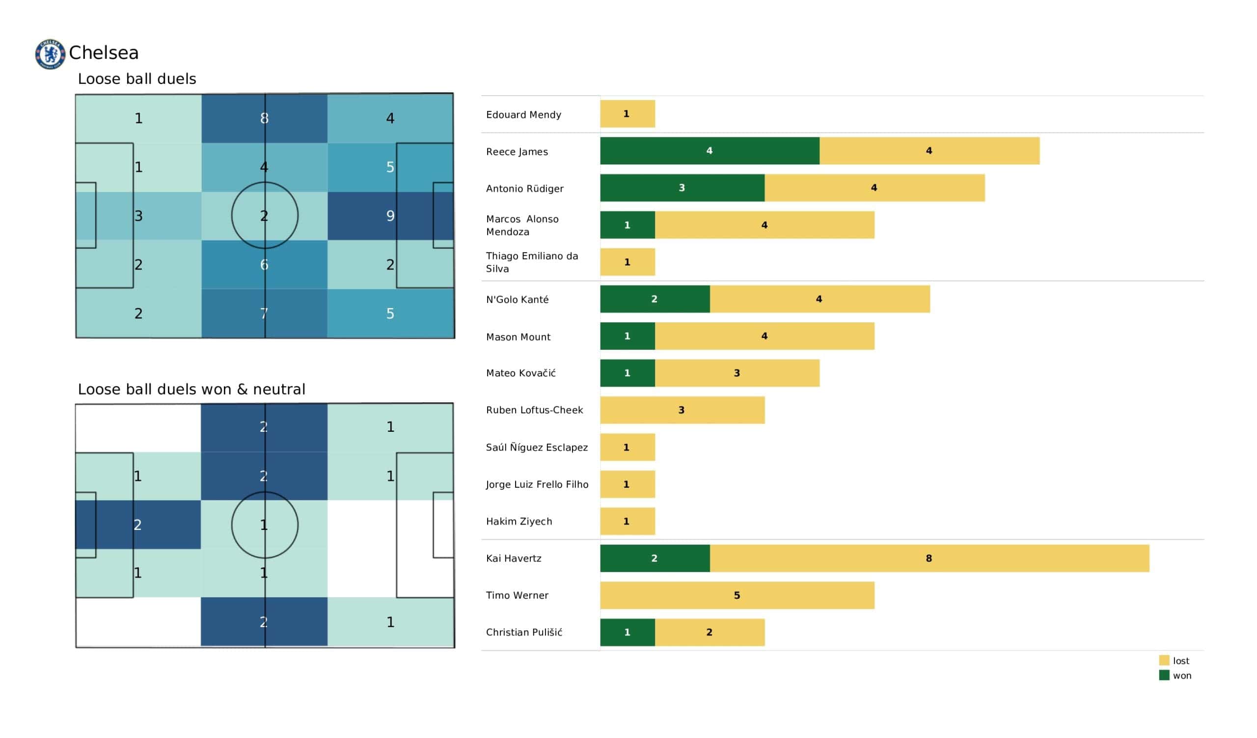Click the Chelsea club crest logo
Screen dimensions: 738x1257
point(50,54)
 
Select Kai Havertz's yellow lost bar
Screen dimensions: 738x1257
point(929,558)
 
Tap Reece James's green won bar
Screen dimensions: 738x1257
point(710,151)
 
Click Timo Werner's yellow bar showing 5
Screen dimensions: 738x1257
point(737,595)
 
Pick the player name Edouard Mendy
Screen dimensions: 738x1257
point(523,115)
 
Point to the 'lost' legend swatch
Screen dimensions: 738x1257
point(1164,660)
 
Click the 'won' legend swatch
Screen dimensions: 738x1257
point(1164,675)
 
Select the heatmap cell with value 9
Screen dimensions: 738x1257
point(390,215)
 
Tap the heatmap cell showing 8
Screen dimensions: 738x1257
point(264,118)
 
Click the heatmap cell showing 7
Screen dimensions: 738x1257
point(264,313)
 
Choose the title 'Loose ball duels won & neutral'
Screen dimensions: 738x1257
point(191,389)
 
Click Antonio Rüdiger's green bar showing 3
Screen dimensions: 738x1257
point(682,188)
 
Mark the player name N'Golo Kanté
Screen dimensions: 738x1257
point(517,300)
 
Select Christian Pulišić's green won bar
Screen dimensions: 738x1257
point(627,633)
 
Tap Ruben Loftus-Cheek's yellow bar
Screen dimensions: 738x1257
point(682,410)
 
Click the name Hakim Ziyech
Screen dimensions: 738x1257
point(519,522)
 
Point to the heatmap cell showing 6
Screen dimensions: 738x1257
point(264,264)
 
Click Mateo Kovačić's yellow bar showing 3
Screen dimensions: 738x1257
point(737,373)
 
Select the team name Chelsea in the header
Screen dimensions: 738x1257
point(104,53)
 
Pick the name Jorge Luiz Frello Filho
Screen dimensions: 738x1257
point(537,485)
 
